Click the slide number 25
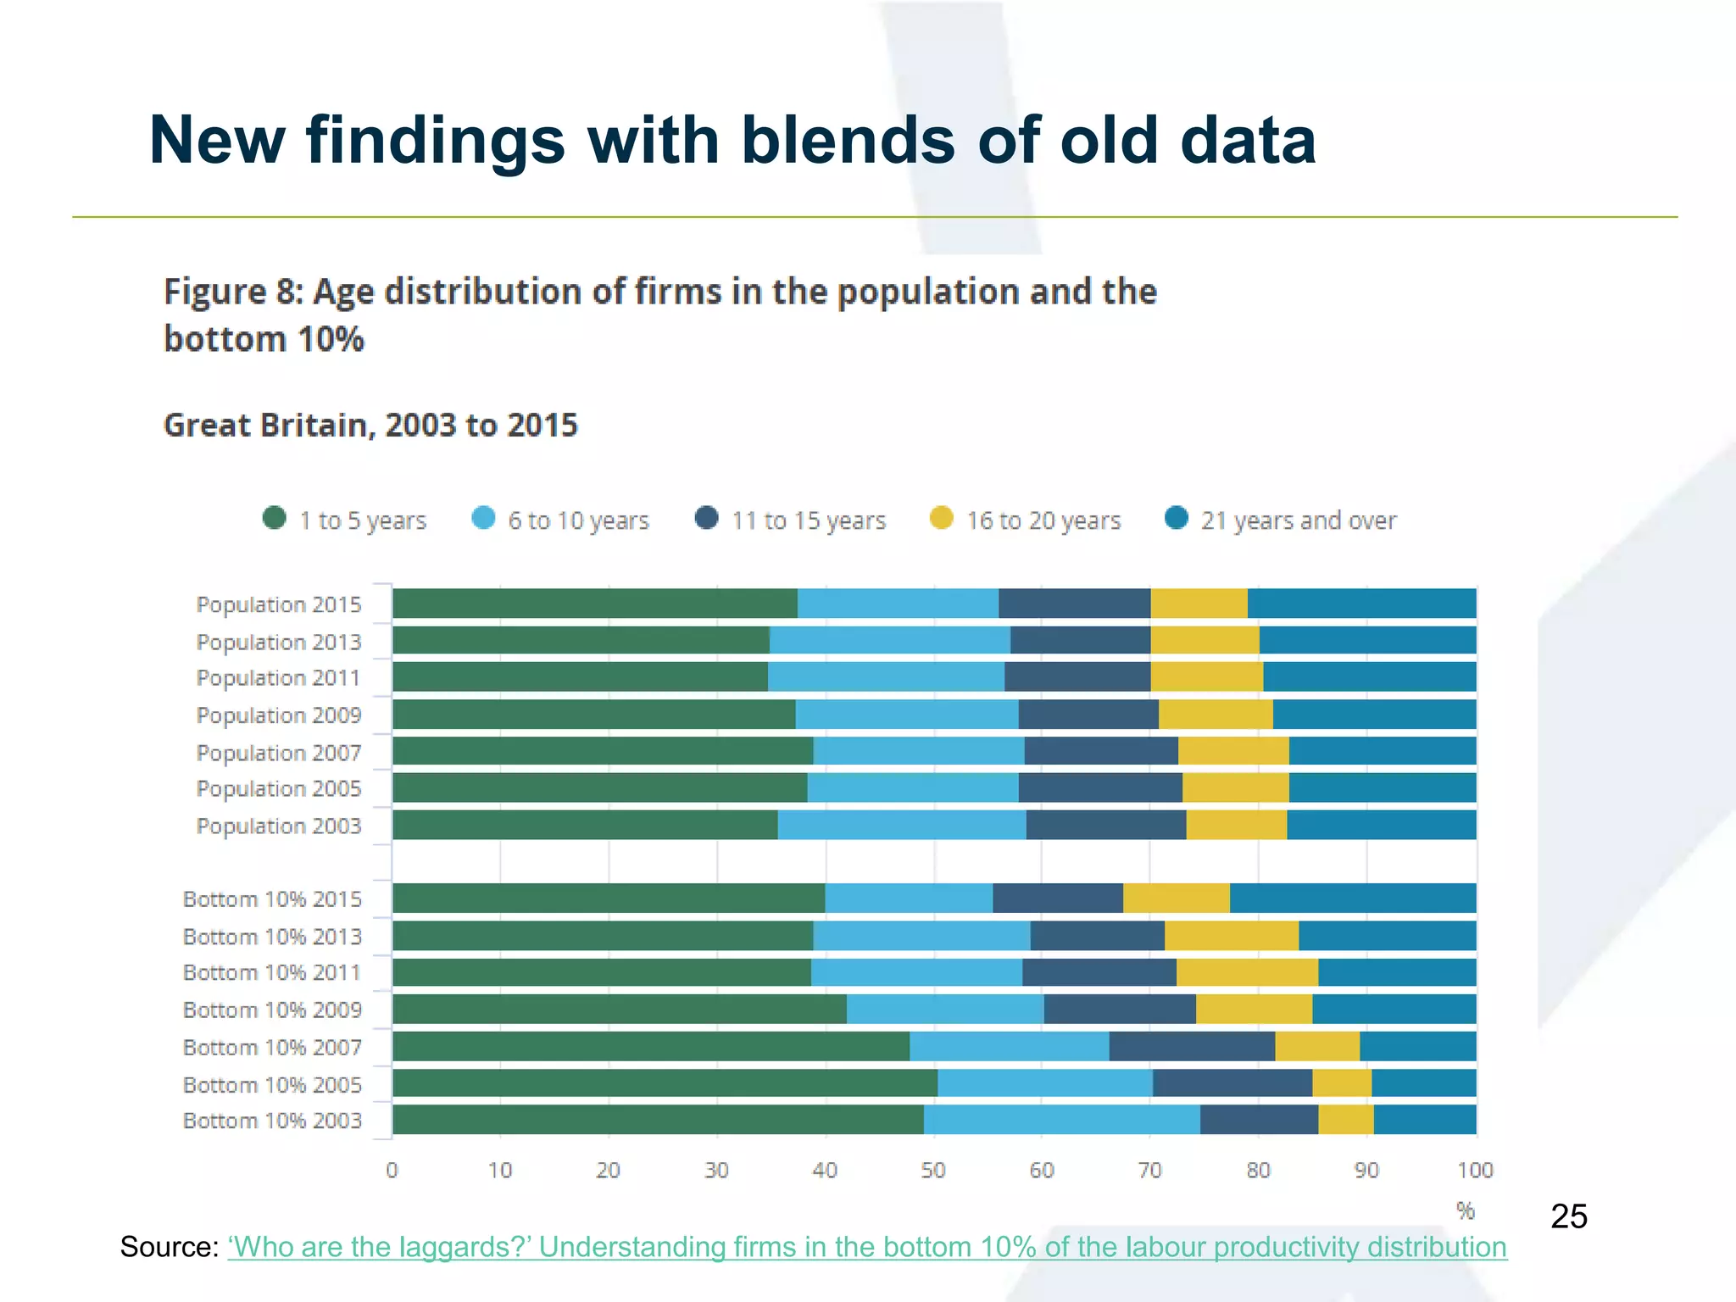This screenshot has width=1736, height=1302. (x=1568, y=1216)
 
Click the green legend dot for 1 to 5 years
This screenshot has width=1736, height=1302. (x=275, y=518)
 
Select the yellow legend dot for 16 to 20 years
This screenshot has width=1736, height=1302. (x=941, y=518)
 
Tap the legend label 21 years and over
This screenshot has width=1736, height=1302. (x=1298, y=520)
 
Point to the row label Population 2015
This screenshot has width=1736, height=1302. (x=279, y=604)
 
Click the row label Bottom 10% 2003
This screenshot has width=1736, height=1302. (x=272, y=1121)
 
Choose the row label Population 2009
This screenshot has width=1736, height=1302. (x=279, y=715)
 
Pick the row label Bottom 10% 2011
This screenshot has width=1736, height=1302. (x=272, y=972)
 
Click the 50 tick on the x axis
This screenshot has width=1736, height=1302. (x=933, y=1171)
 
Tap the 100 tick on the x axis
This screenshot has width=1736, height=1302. (x=1475, y=1171)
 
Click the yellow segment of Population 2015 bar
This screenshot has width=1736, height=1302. (x=1199, y=604)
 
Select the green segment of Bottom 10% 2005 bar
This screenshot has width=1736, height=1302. (x=665, y=1083)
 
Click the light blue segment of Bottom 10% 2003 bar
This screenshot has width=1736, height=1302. (x=1061, y=1120)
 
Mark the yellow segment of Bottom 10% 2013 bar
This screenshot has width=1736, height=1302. (x=1231, y=936)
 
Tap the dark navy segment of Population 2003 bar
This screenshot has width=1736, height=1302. (x=1105, y=825)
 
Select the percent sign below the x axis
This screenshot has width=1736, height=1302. (x=1466, y=1211)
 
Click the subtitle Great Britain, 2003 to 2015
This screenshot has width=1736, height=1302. (x=370, y=425)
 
